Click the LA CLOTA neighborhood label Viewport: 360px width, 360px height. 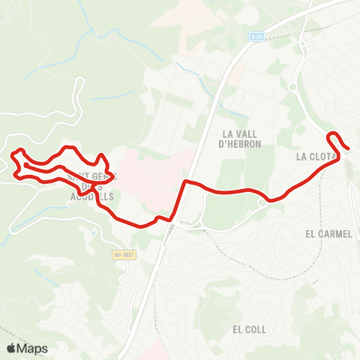tap(316, 157)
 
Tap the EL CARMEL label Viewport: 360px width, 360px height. tap(328, 234)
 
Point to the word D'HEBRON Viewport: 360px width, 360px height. tap(239, 144)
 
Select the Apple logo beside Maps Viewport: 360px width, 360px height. tap(11, 349)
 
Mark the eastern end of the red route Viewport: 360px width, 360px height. tap(349, 148)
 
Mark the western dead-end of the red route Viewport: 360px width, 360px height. tap(25, 164)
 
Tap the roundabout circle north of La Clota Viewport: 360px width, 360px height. tap(292, 88)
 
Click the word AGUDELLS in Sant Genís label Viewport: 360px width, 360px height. tap(91, 196)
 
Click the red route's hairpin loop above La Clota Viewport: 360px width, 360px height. tap(334, 135)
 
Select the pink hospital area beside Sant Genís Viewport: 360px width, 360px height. tap(150, 172)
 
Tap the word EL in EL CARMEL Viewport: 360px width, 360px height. tap(310, 234)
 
